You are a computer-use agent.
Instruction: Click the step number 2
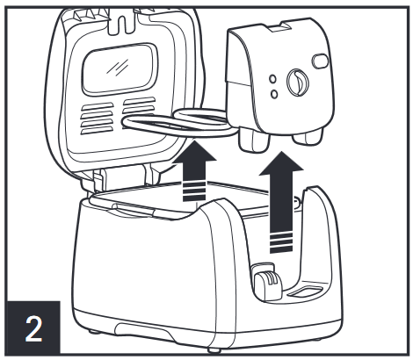pyautogui.click(x=33, y=329)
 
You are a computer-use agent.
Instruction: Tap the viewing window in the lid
pyautogui.click(x=120, y=70)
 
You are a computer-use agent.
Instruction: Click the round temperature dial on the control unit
pyautogui.click(x=298, y=83)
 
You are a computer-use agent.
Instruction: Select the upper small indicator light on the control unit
pyautogui.click(x=272, y=79)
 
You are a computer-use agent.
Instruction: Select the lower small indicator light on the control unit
pyautogui.click(x=274, y=94)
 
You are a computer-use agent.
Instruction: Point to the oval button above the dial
pyautogui.click(x=320, y=61)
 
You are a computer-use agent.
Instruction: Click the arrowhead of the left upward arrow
pyautogui.click(x=194, y=151)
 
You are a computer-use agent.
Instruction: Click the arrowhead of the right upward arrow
pyautogui.click(x=281, y=162)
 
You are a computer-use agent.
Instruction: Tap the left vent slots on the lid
pyautogui.click(x=98, y=118)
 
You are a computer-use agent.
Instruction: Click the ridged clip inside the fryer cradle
pyautogui.click(x=267, y=283)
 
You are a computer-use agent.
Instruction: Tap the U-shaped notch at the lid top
pyautogui.click(x=122, y=22)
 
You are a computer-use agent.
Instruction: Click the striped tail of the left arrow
pyautogui.click(x=194, y=191)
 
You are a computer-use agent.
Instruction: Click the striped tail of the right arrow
pyautogui.click(x=281, y=243)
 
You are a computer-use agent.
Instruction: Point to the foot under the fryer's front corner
pyautogui.click(x=214, y=349)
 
